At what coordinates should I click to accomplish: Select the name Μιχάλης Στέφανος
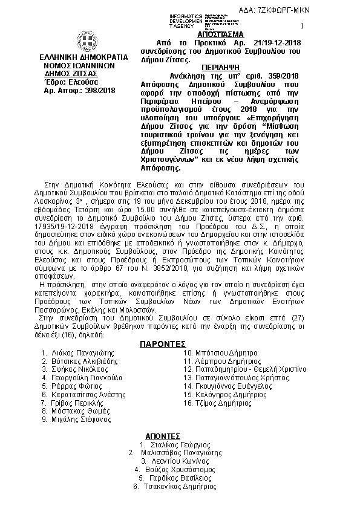tap(76, 418)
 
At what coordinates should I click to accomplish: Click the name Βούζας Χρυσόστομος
tap(180, 469)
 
